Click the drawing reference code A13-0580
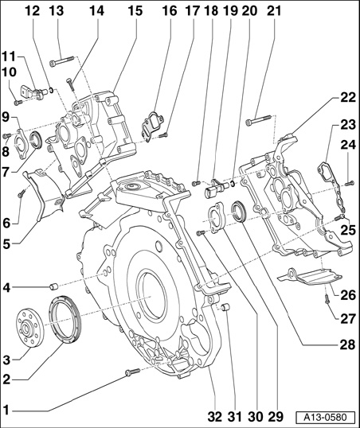[326, 417]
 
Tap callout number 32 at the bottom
[214, 417]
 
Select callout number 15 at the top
[135, 11]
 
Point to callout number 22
[348, 97]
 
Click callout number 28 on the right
[348, 344]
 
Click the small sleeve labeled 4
[53, 287]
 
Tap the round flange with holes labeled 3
[29, 328]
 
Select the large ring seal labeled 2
[65, 319]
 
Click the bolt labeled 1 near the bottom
[132, 372]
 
